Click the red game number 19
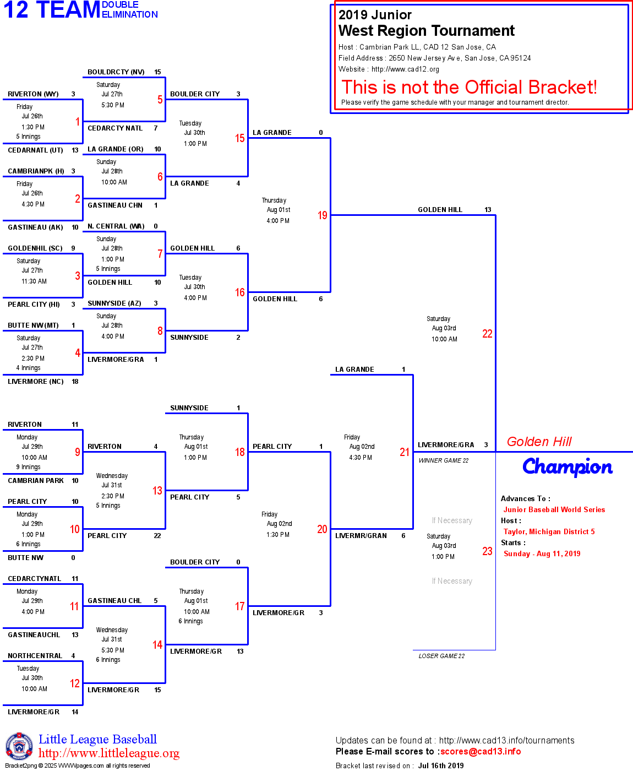click(322, 215)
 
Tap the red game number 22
click(487, 334)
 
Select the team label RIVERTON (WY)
click(33, 94)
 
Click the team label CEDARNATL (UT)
click(35, 150)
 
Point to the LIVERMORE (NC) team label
click(36, 382)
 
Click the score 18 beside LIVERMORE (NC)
click(75, 382)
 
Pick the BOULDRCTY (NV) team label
click(116, 72)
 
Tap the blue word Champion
click(567, 467)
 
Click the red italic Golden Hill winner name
click(539, 442)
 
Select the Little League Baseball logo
click(19, 746)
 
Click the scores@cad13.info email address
click(480, 752)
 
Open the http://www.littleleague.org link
click(109, 753)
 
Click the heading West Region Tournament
click(426, 31)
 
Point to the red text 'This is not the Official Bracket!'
click(469, 87)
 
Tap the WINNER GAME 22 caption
click(443, 461)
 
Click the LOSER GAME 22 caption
click(441, 656)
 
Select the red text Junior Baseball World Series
click(554, 510)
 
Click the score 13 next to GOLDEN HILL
click(488, 210)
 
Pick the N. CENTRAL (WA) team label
click(116, 226)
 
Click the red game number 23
click(487, 551)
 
